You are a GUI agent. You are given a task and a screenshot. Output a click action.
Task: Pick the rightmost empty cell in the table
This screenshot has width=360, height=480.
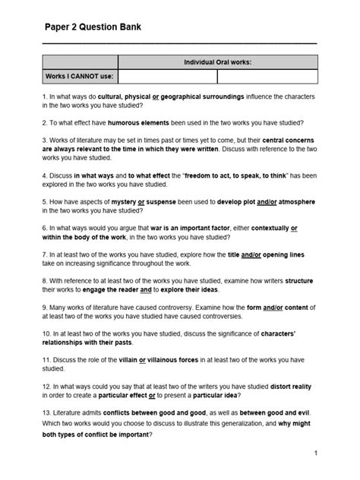tap(267, 76)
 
